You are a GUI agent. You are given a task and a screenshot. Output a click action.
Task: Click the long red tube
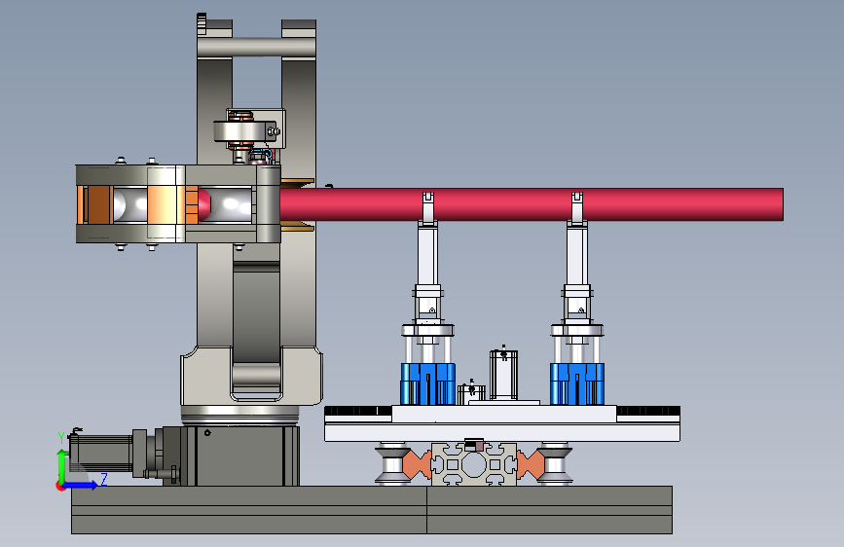pos(532,204)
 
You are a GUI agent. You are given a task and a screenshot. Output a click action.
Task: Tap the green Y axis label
pos(61,438)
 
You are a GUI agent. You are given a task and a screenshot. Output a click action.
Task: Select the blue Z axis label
pos(104,479)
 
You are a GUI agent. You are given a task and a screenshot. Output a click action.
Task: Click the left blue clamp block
pos(428,383)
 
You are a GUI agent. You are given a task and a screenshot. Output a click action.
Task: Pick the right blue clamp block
pos(577,383)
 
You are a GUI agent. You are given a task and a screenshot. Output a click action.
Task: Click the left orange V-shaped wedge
pos(416,464)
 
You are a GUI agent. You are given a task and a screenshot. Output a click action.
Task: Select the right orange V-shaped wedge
pos(531,464)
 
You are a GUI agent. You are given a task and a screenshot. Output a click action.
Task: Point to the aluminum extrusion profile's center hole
pos(474,465)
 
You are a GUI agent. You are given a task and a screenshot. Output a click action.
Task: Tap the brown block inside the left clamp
pos(98,204)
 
